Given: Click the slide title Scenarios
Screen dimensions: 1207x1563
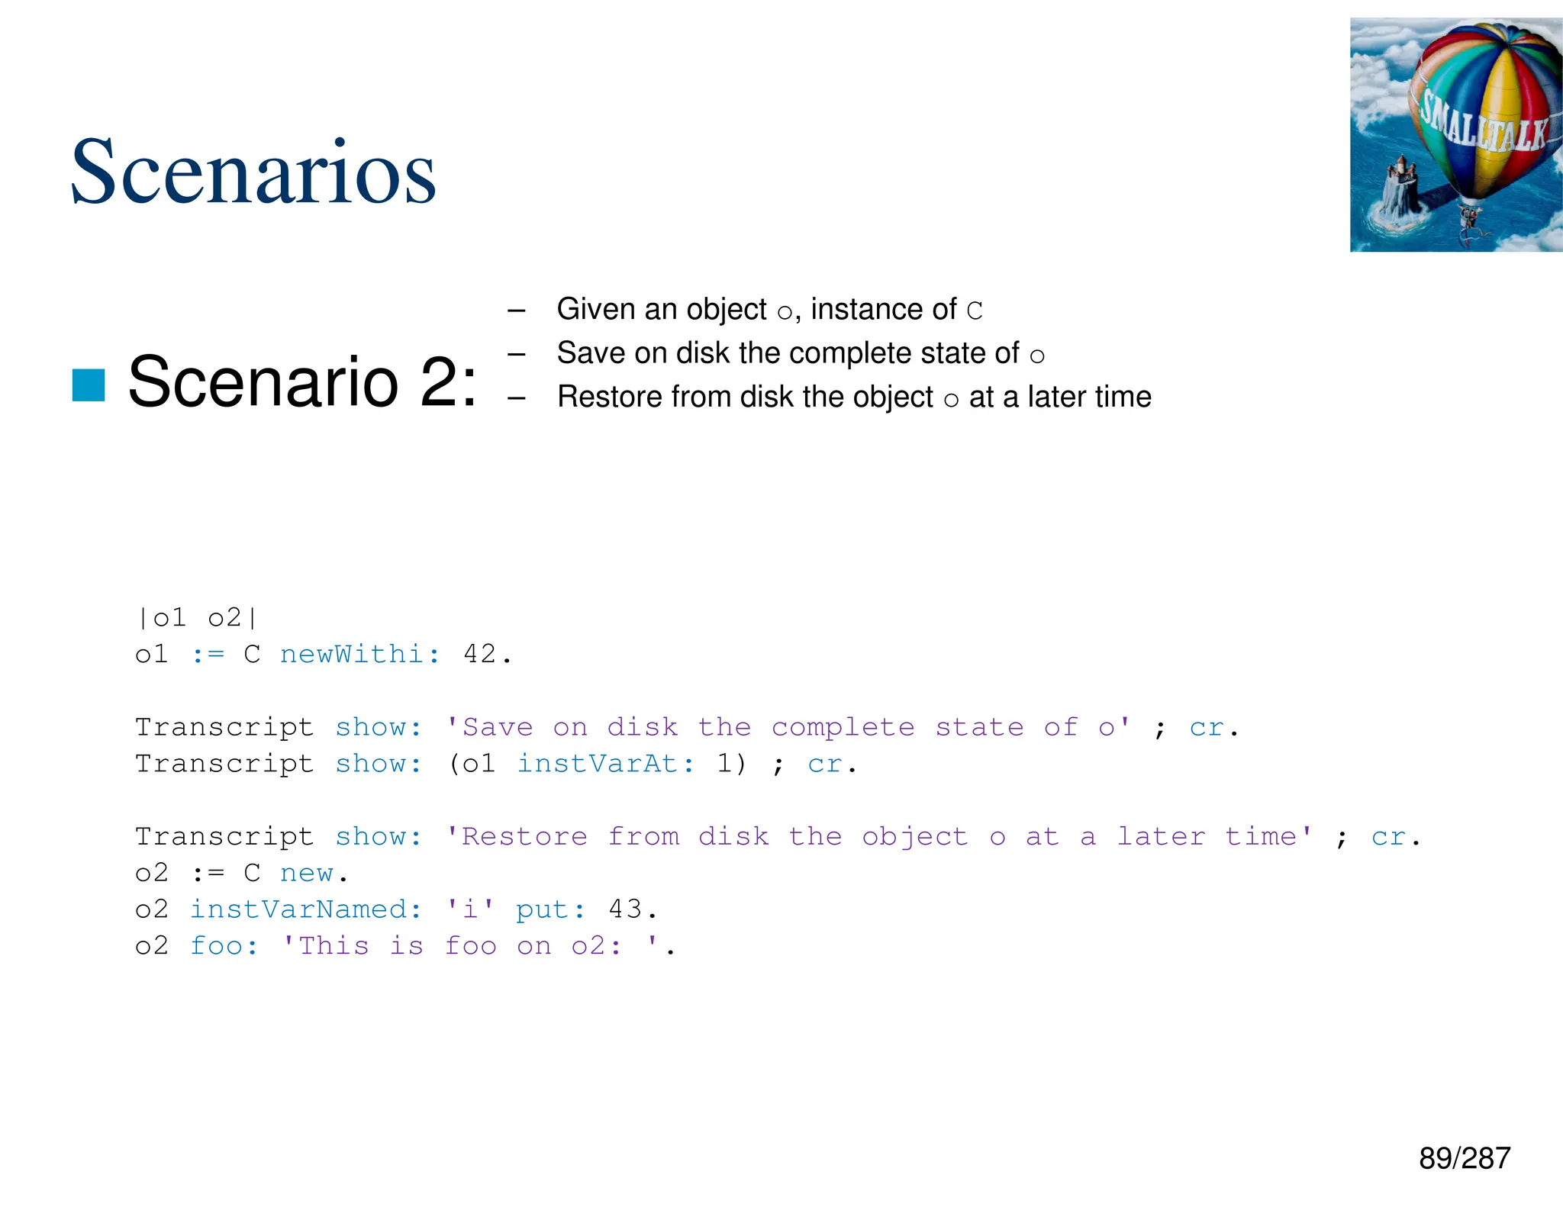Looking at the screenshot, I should pos(253,172).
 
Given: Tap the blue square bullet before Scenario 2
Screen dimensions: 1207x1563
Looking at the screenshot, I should pos(89,384).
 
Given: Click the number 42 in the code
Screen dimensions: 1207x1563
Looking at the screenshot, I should pos(480,654).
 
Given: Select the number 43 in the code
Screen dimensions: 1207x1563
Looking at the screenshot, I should pos(625,909).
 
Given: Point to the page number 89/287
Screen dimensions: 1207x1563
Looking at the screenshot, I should pos(1464,1158).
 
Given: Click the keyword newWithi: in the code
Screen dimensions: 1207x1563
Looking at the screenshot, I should pos(359,654).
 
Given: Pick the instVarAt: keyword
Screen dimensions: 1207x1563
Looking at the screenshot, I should pos(606,763).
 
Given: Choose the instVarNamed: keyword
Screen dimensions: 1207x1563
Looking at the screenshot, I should pos(305,909).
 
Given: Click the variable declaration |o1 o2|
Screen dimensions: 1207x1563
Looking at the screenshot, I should pos(197,617).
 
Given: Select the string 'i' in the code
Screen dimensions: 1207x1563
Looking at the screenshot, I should pos(469,909).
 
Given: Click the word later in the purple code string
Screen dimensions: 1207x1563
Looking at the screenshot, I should pos(1161,836).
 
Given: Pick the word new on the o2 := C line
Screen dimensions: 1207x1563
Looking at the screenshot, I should pos(306,873).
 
